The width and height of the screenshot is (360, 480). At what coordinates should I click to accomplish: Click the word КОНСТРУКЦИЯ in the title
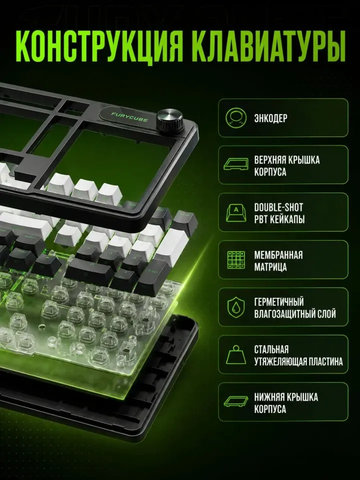[x=99, y=47]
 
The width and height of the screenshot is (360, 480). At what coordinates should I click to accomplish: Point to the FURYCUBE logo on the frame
[x=129, y=117]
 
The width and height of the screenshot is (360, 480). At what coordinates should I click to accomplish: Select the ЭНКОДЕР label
[x=270, y=118]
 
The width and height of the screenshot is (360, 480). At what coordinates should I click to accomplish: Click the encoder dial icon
[x=236, y=117]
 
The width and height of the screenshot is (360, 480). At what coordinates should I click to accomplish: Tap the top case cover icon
[x=235, y=164]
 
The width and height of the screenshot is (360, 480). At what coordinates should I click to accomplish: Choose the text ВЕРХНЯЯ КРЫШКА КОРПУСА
[x=287, y=165]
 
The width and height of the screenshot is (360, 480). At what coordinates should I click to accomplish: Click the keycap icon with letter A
[x=236, y=212]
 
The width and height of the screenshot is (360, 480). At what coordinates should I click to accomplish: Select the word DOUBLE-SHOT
[x=278, y=207]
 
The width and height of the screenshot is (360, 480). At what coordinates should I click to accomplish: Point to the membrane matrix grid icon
[x=236, y=260]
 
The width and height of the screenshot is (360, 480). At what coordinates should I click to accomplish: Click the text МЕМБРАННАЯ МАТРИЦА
[x=278, y=260]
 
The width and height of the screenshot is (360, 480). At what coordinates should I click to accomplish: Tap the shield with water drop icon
[x=236, y=307]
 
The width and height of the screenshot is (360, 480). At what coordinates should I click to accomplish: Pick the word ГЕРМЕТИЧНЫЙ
[x=279, y=302]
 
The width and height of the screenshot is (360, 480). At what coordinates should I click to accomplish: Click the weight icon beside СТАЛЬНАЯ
[x=236, y=355]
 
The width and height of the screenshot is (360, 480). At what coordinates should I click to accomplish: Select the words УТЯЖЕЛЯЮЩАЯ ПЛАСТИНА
[x=298, y=361]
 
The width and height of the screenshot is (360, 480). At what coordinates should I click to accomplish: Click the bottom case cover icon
[x=235, y=401]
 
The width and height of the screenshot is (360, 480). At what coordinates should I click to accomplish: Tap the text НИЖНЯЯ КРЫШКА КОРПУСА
[x=286, y=403]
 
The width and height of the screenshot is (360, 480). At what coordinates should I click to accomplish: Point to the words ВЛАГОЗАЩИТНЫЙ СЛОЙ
[x=295, y=314]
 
